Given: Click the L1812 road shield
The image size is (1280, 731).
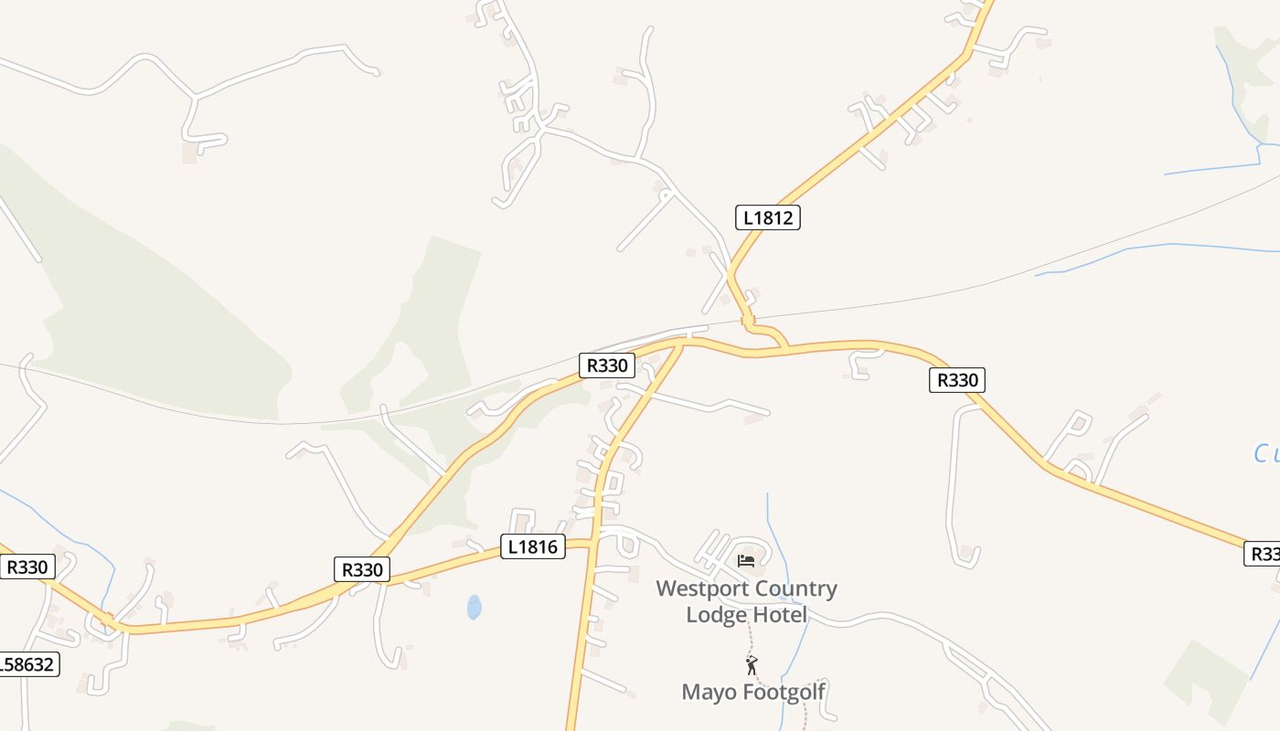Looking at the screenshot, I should point(767,217).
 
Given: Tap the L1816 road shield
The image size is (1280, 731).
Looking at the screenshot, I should point(533,546).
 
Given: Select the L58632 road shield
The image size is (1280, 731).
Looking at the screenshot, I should point(27,664).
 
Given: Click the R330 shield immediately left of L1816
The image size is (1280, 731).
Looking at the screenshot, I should point(362,569).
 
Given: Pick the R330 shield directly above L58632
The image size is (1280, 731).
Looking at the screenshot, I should point(27,567).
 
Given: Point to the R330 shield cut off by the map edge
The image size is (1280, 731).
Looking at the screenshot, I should point(1263,554).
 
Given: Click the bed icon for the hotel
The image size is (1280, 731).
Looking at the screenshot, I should point(746,560).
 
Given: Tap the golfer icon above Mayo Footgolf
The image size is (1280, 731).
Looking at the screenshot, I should point(752,664).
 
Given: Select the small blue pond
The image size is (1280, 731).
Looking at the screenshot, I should point(474,607).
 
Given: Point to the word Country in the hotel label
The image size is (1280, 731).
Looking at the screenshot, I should point(793,588).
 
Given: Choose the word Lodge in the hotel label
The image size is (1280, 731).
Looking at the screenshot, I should point(717,615).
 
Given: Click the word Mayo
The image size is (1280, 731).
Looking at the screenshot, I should point(709,692).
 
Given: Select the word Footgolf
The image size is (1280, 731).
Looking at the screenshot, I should point(784,692).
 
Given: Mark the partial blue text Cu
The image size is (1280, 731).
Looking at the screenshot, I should point(1266,453).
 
